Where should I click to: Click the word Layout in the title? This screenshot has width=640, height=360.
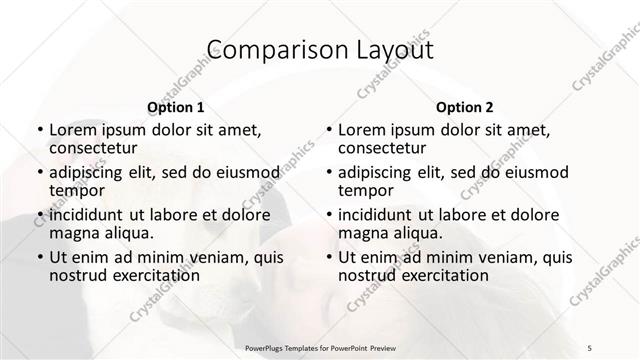point(393,51)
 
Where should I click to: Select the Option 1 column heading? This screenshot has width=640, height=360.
point(175,107)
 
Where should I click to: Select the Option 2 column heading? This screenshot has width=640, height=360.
point(465,107)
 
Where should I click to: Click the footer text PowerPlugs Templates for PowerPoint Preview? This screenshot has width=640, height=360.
point(320,347)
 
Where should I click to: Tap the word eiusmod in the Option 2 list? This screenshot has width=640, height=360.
point(537,171)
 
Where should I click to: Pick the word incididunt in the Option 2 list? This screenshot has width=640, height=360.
point(381,214)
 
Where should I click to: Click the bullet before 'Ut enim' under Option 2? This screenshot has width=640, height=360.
point(330,256)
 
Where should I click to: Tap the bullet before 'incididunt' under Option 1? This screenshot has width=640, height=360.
point(40,214)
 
